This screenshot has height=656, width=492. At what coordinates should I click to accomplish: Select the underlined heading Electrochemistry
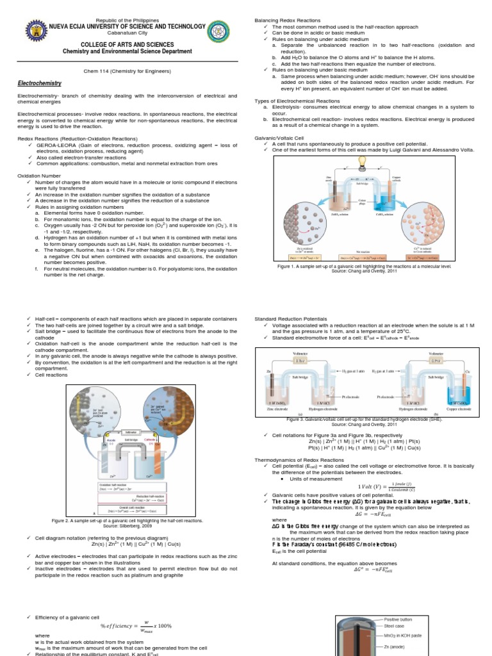pos(40,83)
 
